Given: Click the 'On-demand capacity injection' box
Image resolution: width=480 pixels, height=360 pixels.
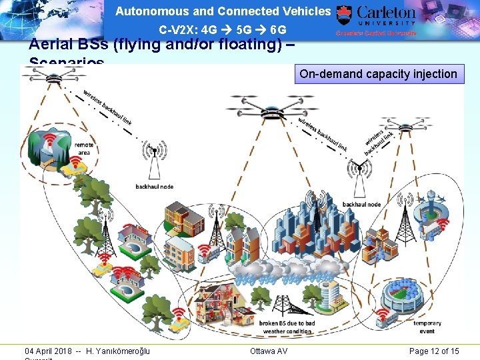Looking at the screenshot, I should (378, 74).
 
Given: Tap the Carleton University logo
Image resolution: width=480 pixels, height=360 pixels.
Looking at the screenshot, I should (377, 20).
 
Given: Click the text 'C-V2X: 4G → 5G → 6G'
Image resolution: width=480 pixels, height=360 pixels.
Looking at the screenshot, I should (223, 30).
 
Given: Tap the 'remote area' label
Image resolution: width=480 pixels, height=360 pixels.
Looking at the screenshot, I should (85, 148).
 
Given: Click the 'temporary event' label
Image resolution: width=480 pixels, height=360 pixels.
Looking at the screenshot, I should (427, 327).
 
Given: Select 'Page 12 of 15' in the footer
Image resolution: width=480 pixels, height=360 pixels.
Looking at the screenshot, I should (434, 351).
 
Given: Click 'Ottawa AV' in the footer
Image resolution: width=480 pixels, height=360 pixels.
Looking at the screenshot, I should (269, 351).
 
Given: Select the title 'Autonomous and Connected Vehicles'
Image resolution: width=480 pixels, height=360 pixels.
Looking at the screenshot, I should (223, 11).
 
